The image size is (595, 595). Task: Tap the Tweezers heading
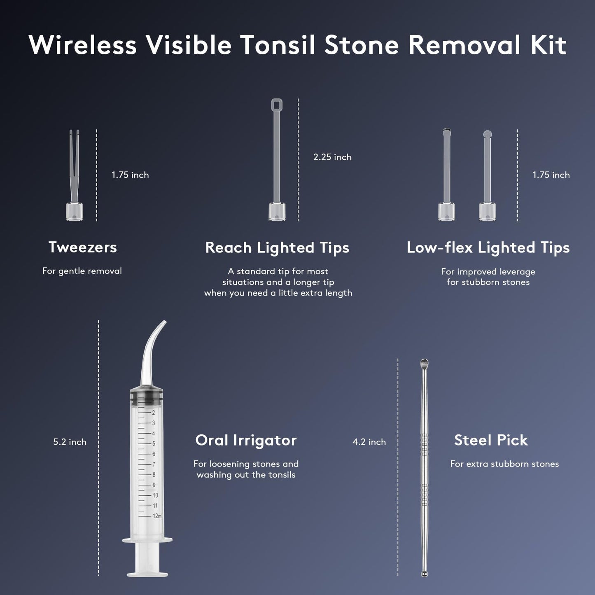pos(82,247)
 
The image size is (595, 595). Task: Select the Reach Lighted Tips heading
pos(277,247)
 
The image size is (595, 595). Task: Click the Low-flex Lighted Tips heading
pos(488,247)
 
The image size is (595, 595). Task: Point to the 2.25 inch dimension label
pos(332,157)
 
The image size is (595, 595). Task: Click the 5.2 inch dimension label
pos(70,442)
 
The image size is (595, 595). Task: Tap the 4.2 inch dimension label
pos(369,442)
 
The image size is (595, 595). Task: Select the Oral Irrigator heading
pos(246,440)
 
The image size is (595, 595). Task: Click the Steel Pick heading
pos(491,440)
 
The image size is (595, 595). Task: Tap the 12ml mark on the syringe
pos(157,516)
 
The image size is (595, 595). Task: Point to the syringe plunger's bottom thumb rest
pos(147,573)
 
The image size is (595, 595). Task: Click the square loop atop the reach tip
pos(277,105)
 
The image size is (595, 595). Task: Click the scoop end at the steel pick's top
pos(424,364)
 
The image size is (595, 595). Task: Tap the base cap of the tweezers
pos(75,212)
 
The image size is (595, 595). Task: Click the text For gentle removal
pos(82,271)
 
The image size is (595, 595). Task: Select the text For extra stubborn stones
pos(504,464)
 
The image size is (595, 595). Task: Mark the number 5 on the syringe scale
pos(154,443)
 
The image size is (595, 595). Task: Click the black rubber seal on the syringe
pos(147,397)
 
